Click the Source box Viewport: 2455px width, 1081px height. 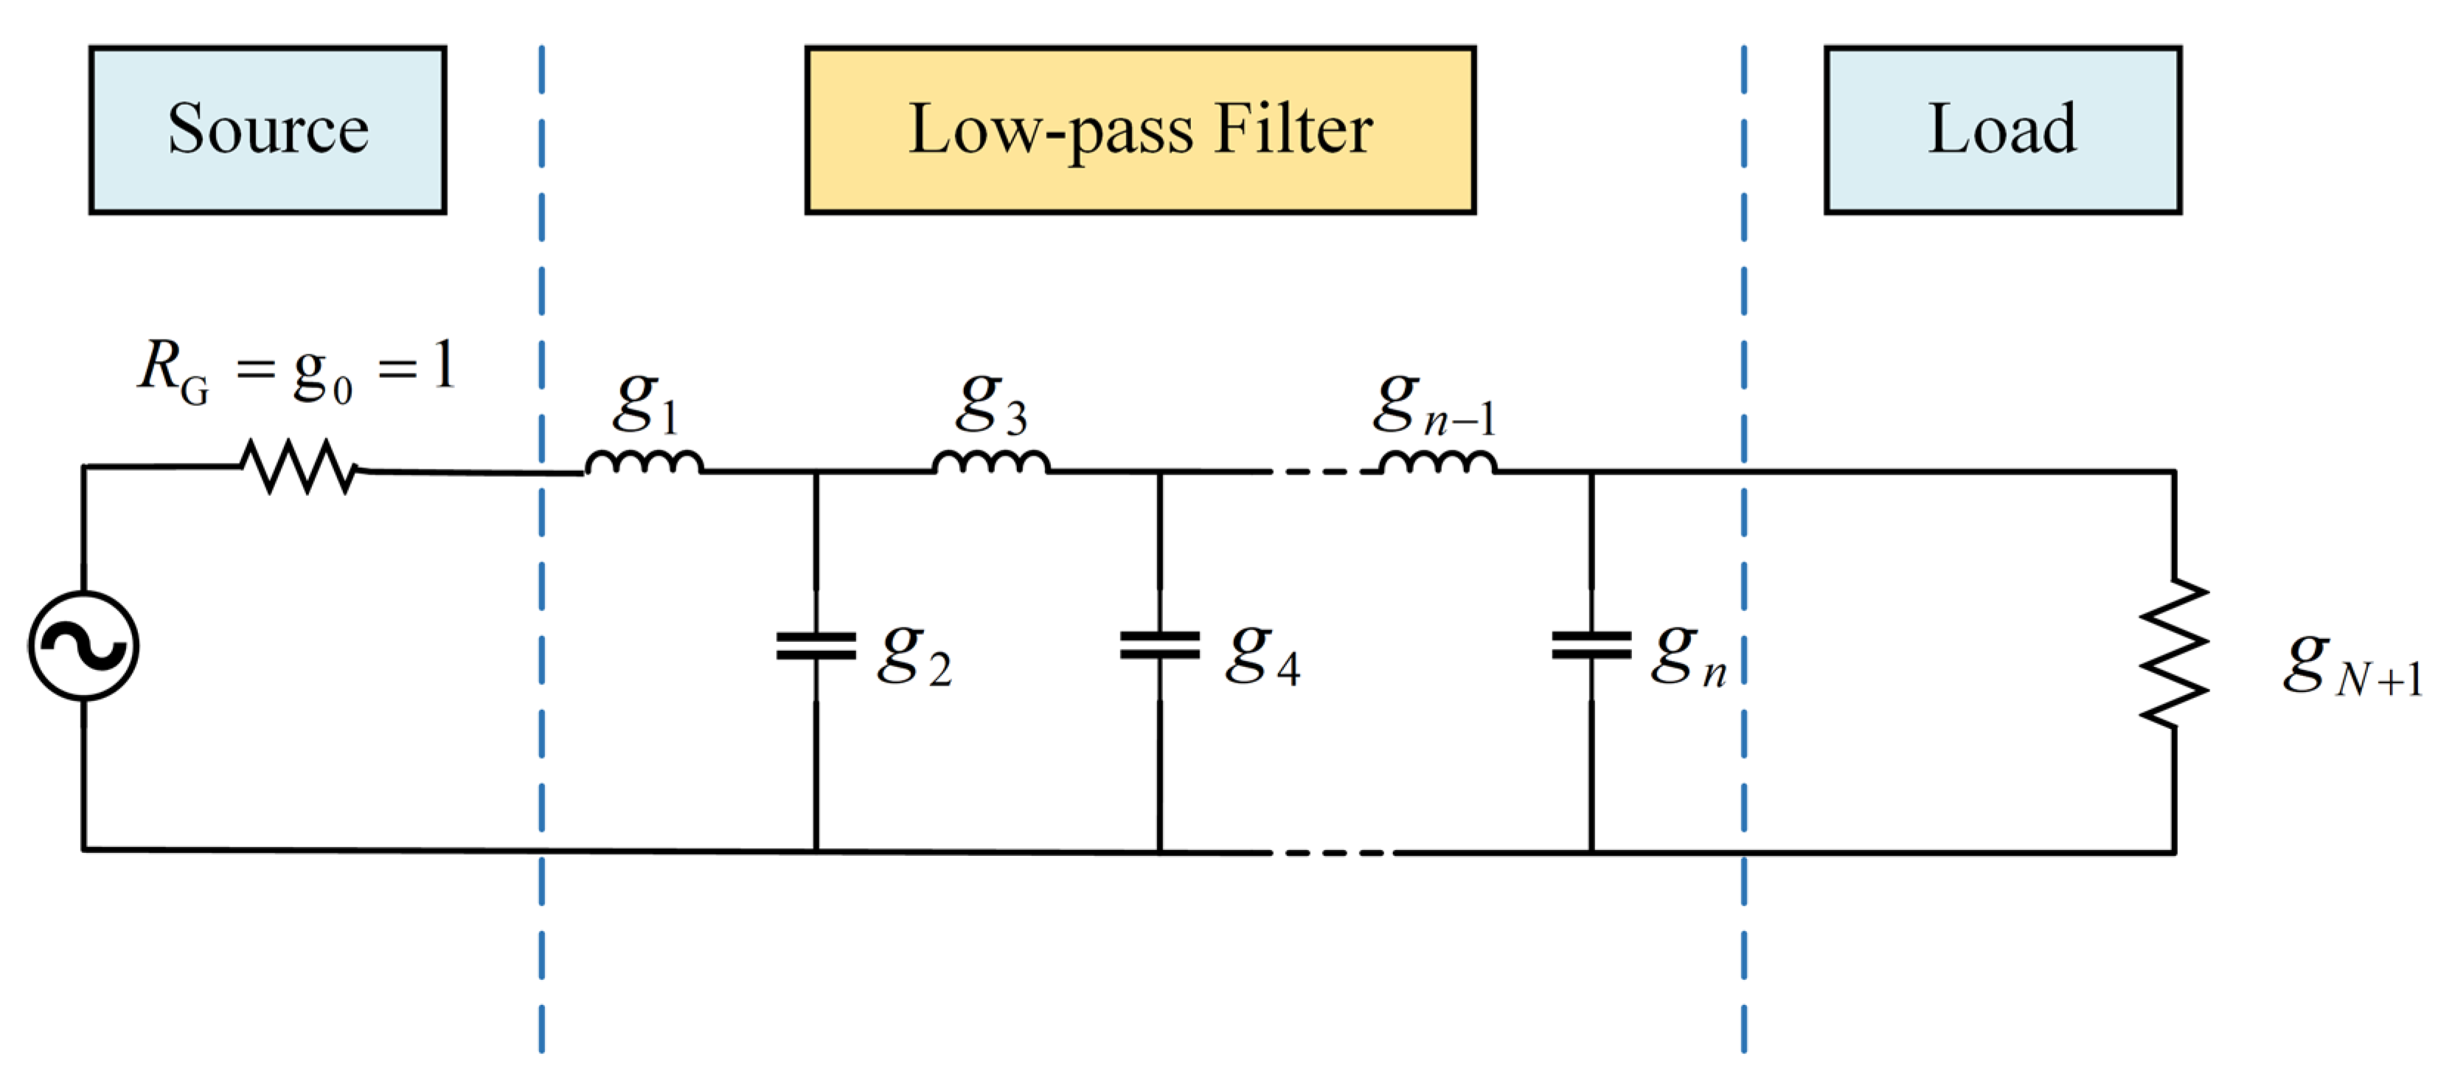pyautogui.click(x=268, y=130)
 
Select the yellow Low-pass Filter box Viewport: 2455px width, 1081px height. pyautogui.click(x=1140, y=130)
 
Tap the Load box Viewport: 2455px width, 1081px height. pyautogui.click(x=2002, y=130)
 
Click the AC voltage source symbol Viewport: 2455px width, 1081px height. pyautogui.click(x=84, y=646)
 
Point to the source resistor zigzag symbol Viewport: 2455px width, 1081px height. pyautogui.click(x=300, y=466)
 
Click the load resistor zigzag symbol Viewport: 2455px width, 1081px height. pyautogui.click(x=2174, y=653)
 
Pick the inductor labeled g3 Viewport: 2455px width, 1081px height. pyautogui.click(x=991, y=463)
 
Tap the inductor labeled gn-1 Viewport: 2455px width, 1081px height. pyautogui.click(x=1437, y=463)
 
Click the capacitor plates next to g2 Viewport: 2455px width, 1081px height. pyautogui.click(x=816, y=646)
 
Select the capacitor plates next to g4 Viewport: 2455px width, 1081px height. pyautogui.click(x=1160, y=646)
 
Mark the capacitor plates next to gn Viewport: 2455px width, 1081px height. pyautogui.click(x=1591, y=646)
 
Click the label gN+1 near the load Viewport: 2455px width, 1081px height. pyautogui.click(x=2352, y=664)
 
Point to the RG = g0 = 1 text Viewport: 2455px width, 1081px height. pyautogui.click(x=296, y=370)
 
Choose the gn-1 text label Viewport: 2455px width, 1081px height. pyautogui.click(x=1434, y=405)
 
